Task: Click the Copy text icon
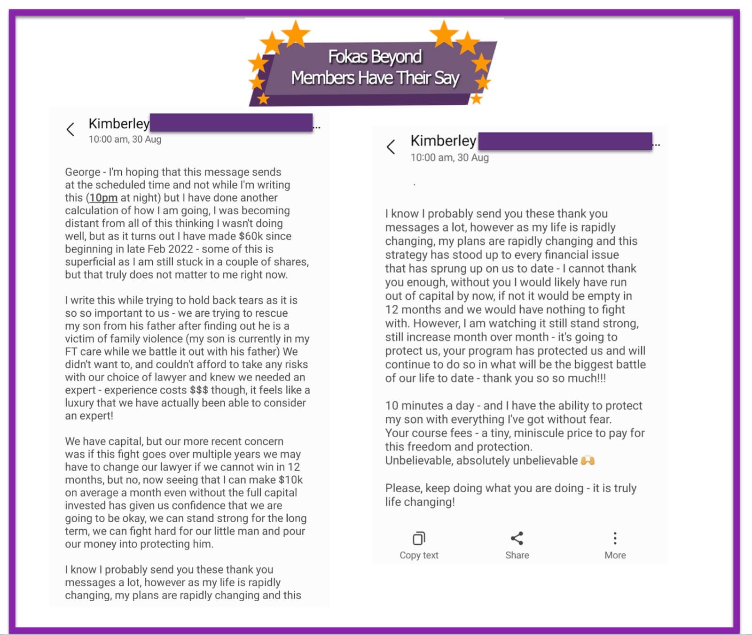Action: (419, 538)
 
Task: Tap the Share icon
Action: (517, 538)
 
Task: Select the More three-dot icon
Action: (615, 538)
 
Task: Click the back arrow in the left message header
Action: (70, 129)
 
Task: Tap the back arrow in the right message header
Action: (391, 147)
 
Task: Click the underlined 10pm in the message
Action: (103, 198)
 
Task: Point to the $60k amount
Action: (251, 236)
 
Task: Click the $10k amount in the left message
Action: (290, 480)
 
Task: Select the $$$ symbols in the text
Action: (199, 390)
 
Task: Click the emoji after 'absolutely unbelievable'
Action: (588, 461)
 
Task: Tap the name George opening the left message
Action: (82, 172)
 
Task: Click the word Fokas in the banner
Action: (347, 57)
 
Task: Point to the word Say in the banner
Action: (446, 78)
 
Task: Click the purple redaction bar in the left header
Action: (231, 123)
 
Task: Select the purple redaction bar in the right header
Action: (565, 141)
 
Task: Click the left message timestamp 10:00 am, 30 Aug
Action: (125, 139)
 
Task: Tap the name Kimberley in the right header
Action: (443, 140)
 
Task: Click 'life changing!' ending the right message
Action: (420, 502)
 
